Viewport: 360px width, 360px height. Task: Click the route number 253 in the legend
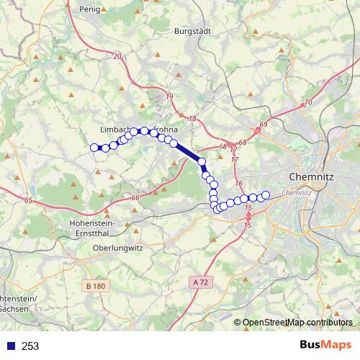(30, 346)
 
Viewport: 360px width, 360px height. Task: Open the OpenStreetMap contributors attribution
(297, 322)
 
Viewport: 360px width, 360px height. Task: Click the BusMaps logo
(325, 345)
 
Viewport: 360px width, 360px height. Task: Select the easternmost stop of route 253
(265, 195)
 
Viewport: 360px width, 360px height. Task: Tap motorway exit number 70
(308, 103)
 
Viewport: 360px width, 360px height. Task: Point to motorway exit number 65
(29, 201)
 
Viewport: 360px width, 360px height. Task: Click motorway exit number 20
(117, 55)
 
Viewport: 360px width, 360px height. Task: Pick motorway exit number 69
(263, 125)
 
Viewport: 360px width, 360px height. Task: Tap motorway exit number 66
(135, 197)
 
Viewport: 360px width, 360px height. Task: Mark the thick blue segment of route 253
(189, 152)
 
